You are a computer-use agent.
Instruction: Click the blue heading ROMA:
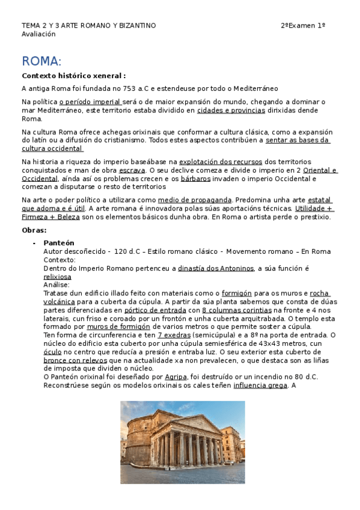pos(41,61)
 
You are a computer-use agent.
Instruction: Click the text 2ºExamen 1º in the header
pos(303,25)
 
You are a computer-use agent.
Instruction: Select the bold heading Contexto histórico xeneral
pos(73,76)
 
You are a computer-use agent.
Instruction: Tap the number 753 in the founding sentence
pos(129,88)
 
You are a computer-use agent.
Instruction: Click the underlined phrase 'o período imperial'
pos(85,102)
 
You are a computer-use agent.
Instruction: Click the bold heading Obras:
pos(34,230)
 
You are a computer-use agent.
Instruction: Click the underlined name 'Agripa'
pos(175,377)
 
